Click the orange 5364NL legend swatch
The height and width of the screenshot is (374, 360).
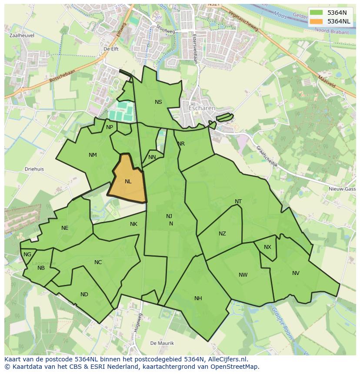(x=317, y=21)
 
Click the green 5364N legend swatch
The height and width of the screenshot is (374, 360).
(x=317, y=13)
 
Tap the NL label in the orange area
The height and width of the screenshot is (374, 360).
(x=128, y=182)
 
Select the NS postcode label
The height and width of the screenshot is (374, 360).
(x=158, y=102)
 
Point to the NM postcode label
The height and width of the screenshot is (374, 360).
(x=93, y=155)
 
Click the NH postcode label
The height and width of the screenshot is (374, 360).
(x=198, y=298)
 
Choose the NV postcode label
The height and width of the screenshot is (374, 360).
(x=296, y=273)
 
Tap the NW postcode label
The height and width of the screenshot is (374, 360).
(x=243, y=275)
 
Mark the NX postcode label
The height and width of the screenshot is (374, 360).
(x=267, y=247)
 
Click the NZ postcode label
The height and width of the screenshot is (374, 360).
(x=222, y=234)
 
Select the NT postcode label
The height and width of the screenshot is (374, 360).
(x=238, y=201)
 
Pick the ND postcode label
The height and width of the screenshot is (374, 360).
(x=84, y=294)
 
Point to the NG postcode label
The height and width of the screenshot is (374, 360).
(x=27, y=255)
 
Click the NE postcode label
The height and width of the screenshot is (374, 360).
(x=65, y=228)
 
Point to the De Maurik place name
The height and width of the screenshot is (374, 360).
(x=162, y=343)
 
